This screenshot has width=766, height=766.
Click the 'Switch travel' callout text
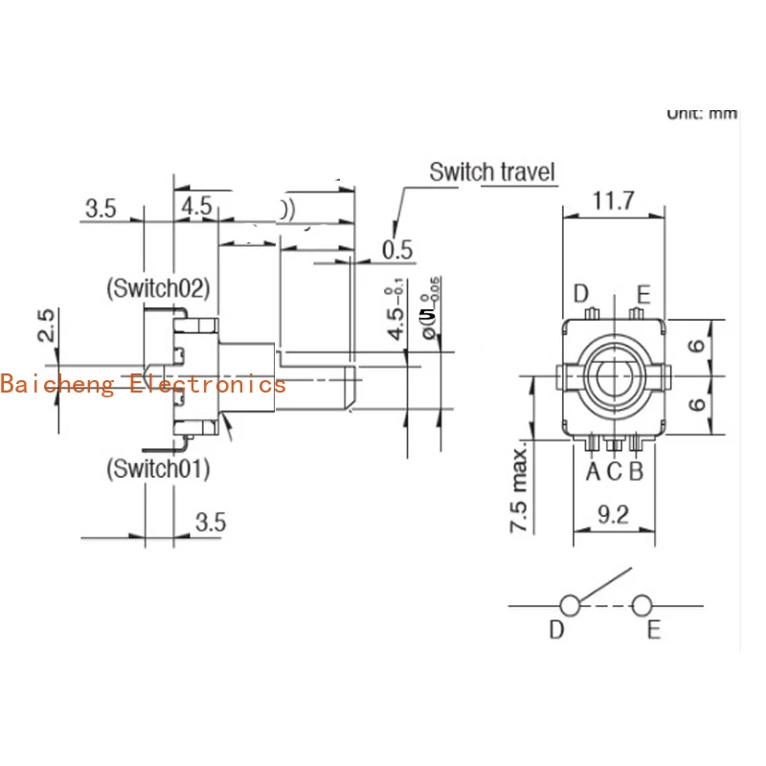tap(491, 173)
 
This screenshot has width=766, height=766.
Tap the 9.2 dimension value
tap(613, 516)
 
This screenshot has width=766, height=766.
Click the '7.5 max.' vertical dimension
tap(520, 489)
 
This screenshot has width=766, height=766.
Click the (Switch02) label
tap(158, 286)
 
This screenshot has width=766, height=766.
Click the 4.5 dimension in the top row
tap(196, 207)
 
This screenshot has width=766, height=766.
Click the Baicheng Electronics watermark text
tap(144, 384)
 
